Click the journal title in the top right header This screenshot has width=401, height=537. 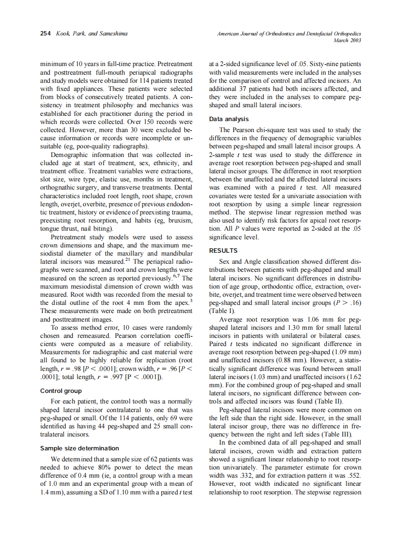[x=289, y=34]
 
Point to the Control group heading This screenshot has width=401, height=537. [x=61, y=391]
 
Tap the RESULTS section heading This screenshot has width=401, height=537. [x=223, y=250]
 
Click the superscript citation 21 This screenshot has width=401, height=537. [x=128, y=260]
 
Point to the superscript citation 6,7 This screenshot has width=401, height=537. [x=176, y=276]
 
